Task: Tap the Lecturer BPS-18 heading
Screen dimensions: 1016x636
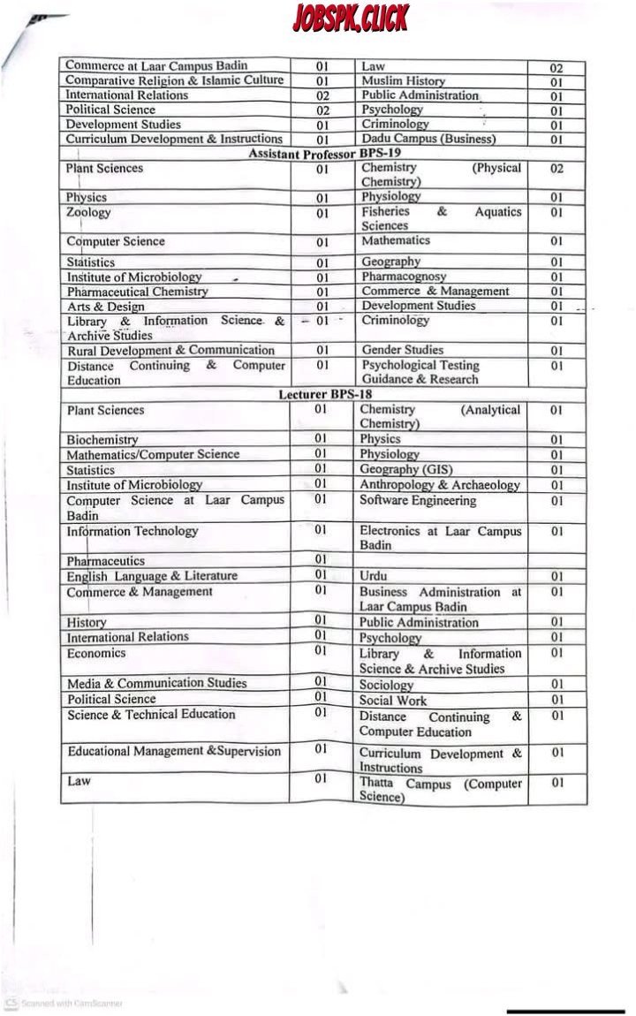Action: tap(324, 395)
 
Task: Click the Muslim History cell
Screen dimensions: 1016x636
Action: tap(403, 81)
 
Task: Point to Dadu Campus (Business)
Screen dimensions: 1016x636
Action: tap(428, 139)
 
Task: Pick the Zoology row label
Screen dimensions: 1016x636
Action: tap(88, 213)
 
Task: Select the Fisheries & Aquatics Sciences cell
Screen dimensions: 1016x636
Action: tap(440, 218)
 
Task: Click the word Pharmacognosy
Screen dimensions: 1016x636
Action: tap(404, 277)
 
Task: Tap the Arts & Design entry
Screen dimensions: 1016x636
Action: tap(105, 306)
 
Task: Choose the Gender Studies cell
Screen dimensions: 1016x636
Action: tap(402, 350)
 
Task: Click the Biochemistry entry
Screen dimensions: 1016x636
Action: tap(102, 439)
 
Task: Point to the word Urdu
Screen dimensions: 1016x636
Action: tap(373, 576)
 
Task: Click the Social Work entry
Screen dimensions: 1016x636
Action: tap(392, 700)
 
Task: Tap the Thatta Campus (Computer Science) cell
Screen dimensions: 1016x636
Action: tap(439, 790)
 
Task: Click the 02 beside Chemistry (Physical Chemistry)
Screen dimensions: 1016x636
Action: tap(556, 168)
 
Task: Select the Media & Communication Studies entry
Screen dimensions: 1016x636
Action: tap(156, 683)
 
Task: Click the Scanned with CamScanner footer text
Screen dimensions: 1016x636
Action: tap(71, 1003)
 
